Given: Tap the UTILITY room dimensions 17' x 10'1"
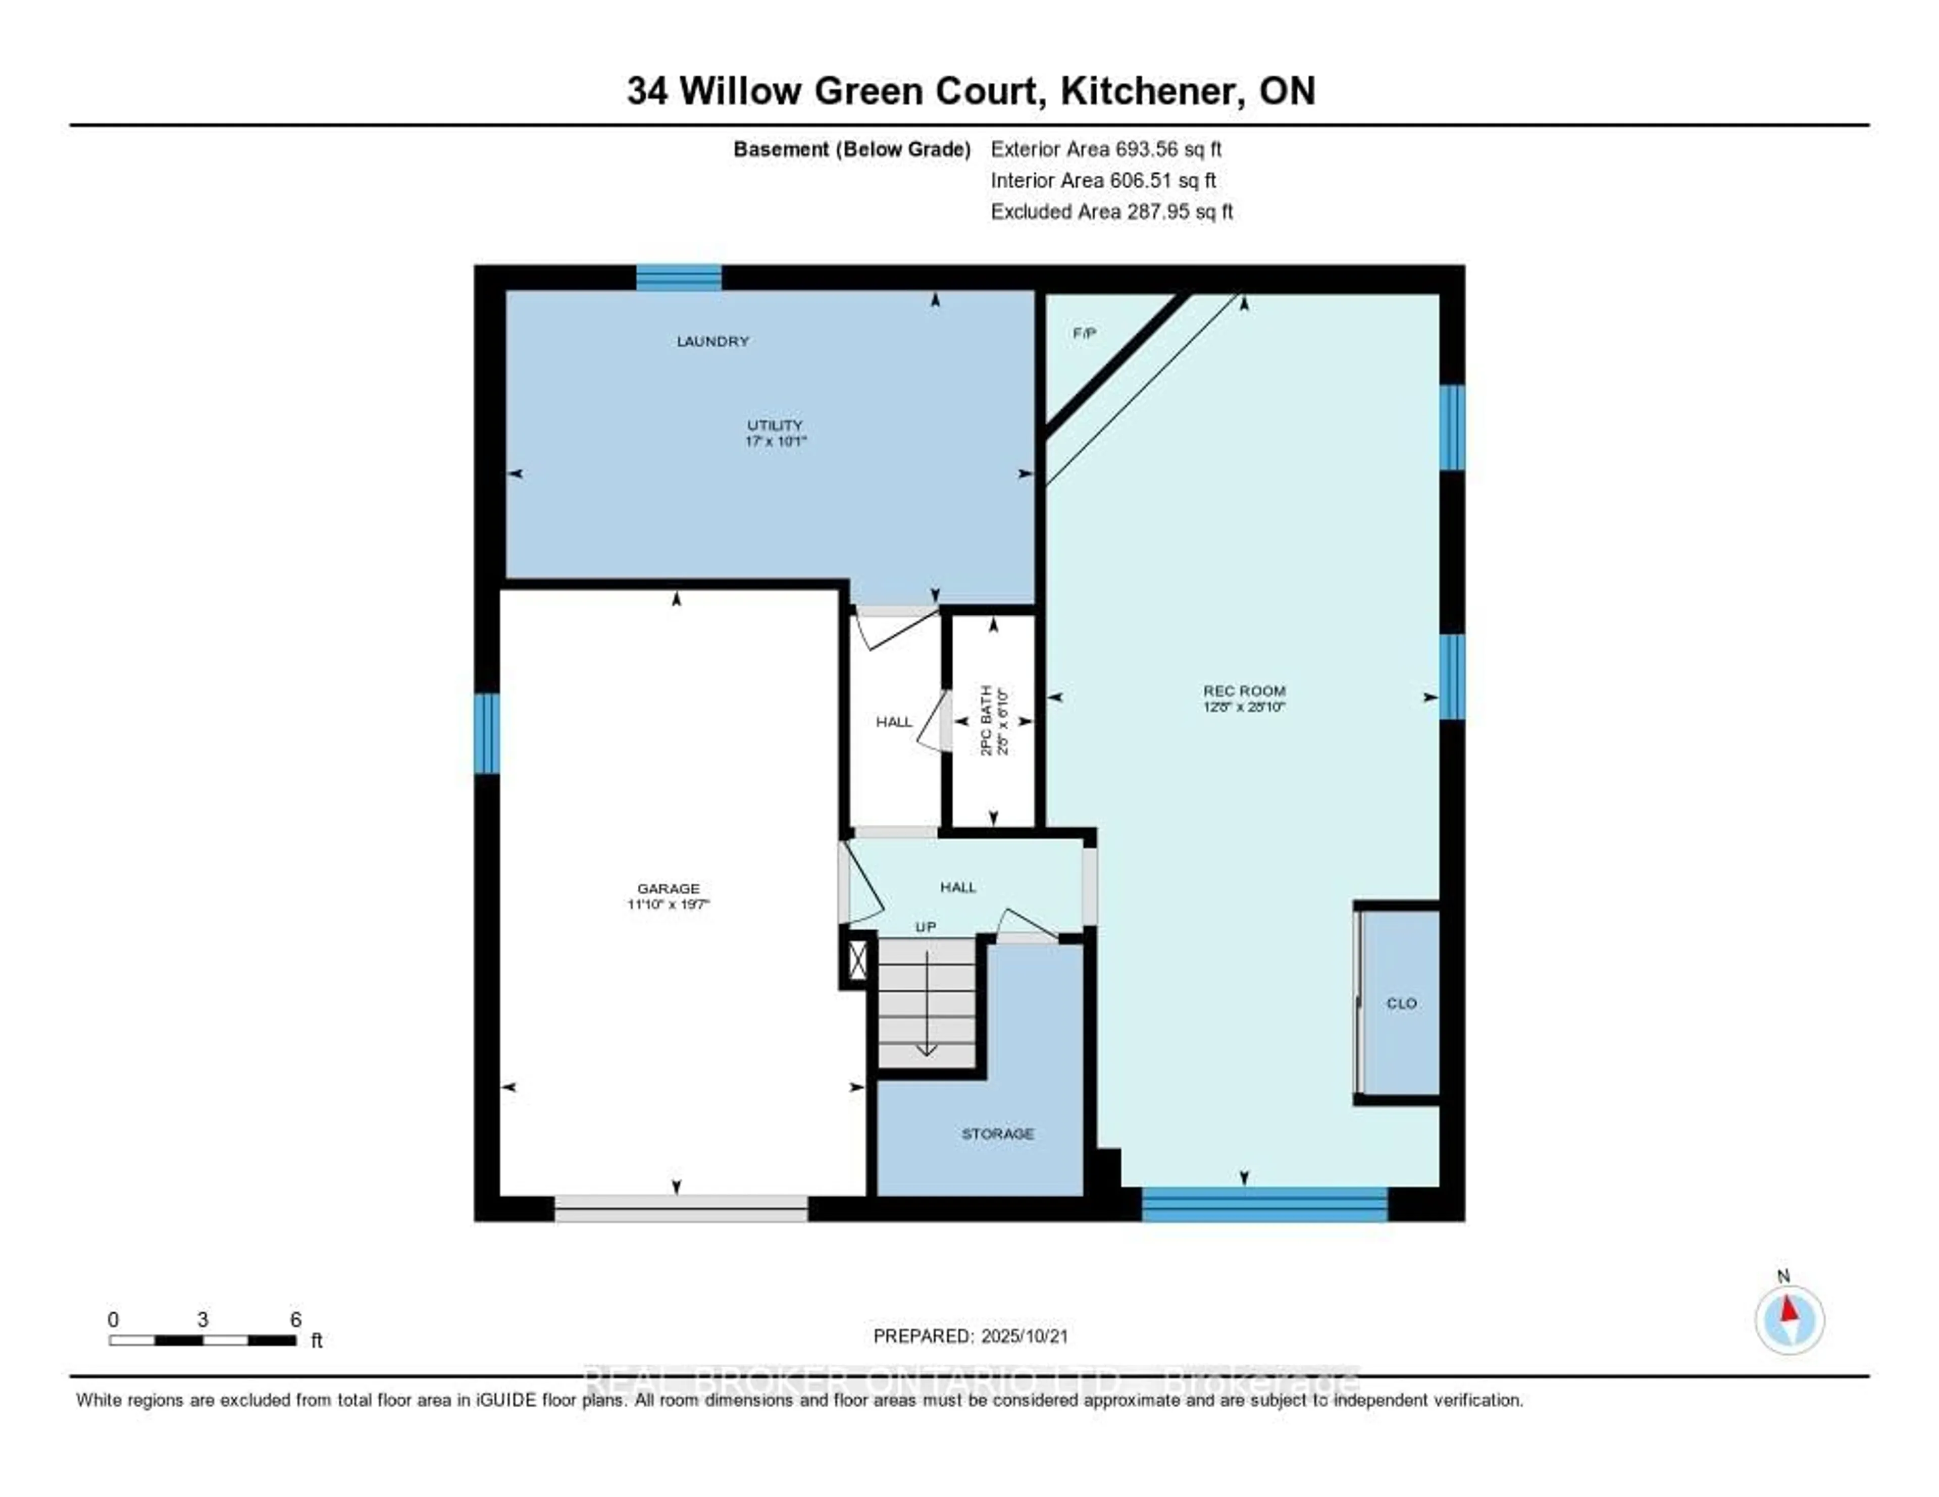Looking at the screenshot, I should (x=775, y=441).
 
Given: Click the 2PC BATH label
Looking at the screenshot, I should (x=986, y=720).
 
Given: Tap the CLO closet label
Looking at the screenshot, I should (x=1401, y=1003).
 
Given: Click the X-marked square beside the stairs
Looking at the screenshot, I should (x=857, y=960).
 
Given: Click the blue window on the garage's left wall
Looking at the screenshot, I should (x=487, y=733).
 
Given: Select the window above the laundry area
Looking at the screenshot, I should (x=678, y=278).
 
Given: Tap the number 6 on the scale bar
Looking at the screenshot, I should (x=295, y=1319).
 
